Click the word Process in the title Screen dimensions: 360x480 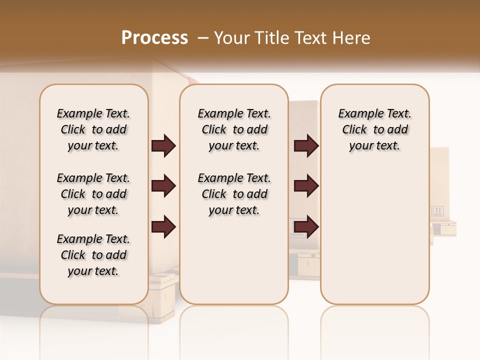154,38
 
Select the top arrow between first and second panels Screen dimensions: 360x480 163,146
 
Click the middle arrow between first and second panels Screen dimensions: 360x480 163,186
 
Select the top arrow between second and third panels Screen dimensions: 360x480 306,146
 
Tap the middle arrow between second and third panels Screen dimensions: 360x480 306,186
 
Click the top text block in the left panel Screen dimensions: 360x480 93,129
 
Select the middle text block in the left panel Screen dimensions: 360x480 93,194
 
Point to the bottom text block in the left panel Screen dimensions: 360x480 93,255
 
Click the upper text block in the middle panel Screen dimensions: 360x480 234,129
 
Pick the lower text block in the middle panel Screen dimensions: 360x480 234,194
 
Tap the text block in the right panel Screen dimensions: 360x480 375,129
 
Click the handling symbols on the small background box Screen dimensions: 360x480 438,211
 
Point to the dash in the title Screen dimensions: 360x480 203,38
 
